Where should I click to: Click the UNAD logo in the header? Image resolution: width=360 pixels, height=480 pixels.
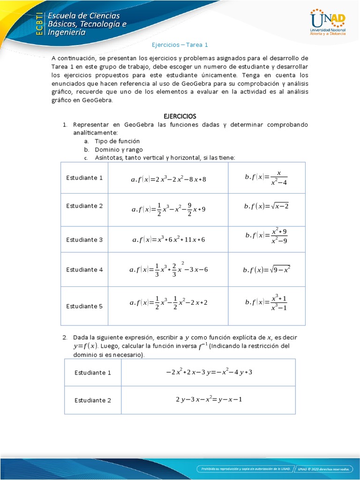(x=328, y=22)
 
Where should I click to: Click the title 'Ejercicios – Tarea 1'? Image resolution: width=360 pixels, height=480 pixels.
(x=180, y=45)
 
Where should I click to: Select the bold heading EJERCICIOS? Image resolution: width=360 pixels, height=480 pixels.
(x=180, y=116)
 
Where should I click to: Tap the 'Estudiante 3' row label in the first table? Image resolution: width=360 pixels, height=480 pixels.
(x=84, y=240)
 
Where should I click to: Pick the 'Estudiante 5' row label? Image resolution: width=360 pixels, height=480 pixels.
(x=84, y=306)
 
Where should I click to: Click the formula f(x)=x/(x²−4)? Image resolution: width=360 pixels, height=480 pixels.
(x=266, y=177)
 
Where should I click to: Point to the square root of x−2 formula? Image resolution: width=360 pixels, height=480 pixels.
(x=266, y=206)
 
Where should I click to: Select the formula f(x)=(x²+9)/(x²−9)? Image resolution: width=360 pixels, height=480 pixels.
(x=266, y=236)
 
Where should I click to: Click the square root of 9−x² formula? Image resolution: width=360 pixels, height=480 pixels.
(x=266, y=270)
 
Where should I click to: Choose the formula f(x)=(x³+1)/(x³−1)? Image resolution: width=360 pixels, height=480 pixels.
(x=266, y=303)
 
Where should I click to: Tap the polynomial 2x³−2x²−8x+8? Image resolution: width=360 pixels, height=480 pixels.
(x=168, y=179)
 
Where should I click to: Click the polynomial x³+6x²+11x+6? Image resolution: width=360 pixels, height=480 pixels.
(x=168, y=240)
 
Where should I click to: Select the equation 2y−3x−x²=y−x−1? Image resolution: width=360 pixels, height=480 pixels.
(x=208, y=399)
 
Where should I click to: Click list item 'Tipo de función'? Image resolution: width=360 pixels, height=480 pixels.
(x=117, y=141)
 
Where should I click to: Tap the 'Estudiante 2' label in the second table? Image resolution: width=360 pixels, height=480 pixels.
(x=93, y=400)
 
